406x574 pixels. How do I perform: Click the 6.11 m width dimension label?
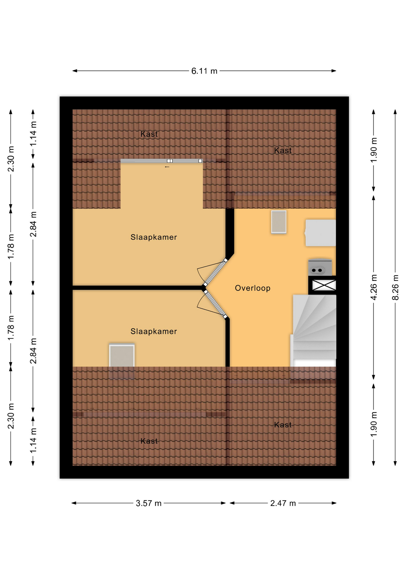point(204,71)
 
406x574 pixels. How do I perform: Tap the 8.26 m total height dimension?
point(395,287)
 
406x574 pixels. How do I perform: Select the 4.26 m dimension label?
point(373,287)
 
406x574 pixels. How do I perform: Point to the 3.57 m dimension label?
point(149,503)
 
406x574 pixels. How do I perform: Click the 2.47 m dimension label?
point(283,503)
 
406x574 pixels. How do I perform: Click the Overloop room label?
point(253,288)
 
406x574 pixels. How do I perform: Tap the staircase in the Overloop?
point(314,331)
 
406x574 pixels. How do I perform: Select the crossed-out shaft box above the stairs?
point(324,285)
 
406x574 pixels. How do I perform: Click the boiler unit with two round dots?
point(320,267)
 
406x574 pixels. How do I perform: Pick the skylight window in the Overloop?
point(279,222)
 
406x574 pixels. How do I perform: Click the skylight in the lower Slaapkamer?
point(122,355)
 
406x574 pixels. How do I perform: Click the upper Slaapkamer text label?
point(154,237)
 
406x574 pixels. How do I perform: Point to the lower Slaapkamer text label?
point(154,332)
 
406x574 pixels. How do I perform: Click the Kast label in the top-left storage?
point(149,134)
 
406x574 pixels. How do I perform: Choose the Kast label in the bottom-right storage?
point(283,425)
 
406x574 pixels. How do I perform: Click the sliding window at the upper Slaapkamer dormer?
point(161,161)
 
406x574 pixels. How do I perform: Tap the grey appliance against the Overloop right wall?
point(320,233)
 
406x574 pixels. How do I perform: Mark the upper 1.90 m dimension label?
point(373,150)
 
